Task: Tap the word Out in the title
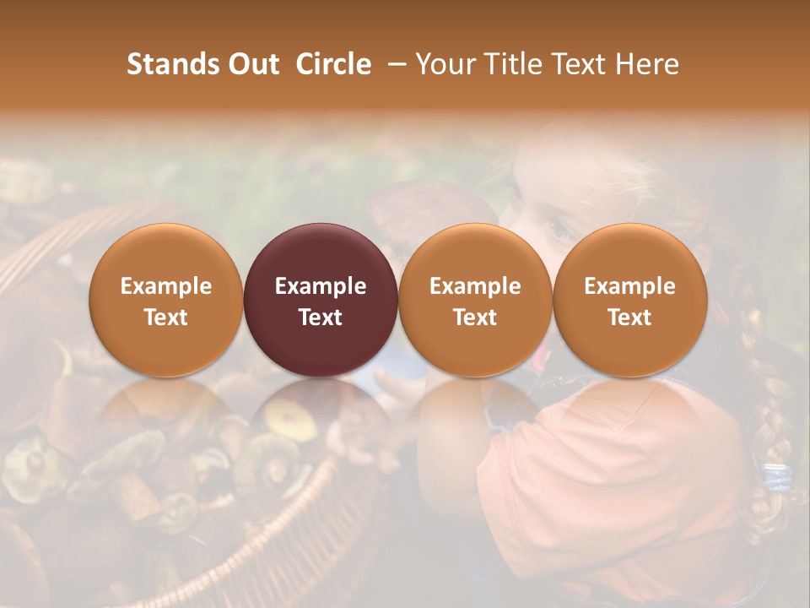[251, 64]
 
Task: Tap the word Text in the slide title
[583, 64]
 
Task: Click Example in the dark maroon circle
[321, 286]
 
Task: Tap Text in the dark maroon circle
[321, 318]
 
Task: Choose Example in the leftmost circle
[166, 286]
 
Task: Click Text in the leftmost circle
[166, 318]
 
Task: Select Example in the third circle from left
[475, 286]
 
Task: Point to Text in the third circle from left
[475, 318]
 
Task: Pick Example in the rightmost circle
[629, 286]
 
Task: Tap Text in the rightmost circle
[629, 318]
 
